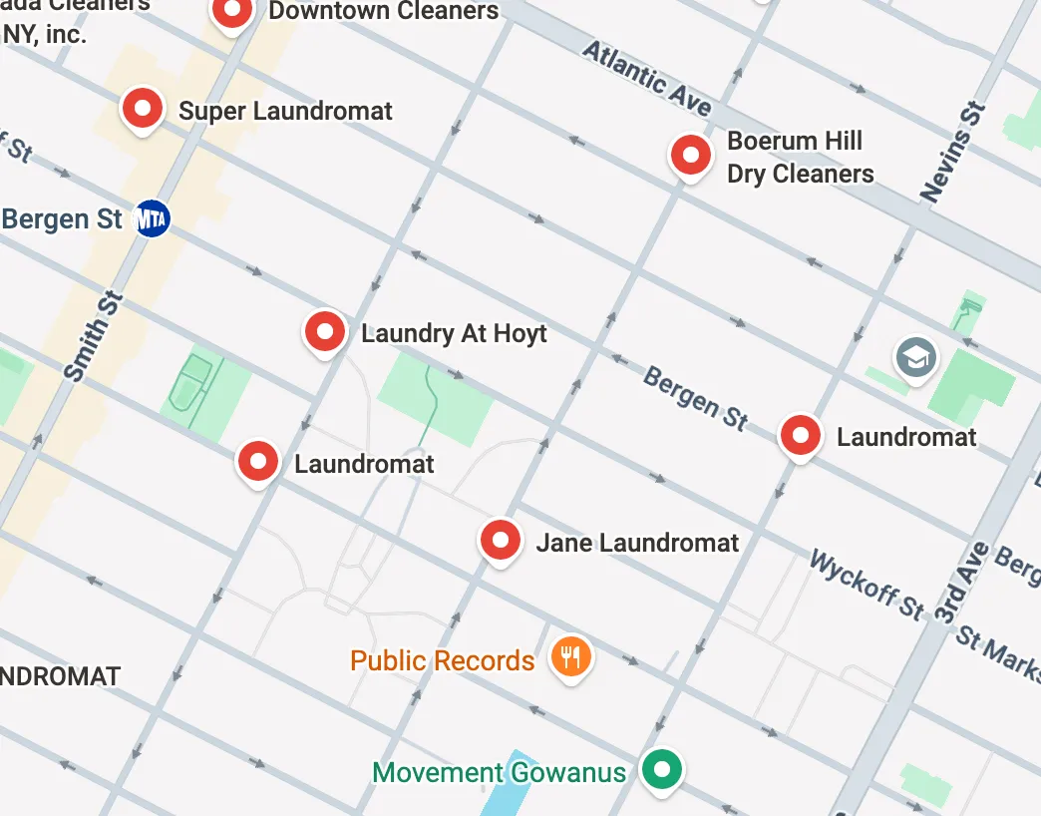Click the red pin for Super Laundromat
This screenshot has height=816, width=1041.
(142, 107)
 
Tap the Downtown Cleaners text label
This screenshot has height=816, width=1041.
(383, 12)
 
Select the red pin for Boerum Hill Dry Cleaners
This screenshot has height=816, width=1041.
(690, 155)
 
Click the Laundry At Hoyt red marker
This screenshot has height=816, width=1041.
(324, 330)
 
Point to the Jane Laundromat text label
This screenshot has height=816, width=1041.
(637, 543)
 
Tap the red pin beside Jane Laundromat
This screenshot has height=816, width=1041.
(501, 540)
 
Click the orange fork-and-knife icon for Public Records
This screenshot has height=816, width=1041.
(571, 657)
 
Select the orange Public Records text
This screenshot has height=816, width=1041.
(442, 660)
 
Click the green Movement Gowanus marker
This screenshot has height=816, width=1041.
(660, 769)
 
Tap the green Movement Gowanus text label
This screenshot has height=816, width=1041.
(499, 772)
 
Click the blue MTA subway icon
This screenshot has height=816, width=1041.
(151, 218)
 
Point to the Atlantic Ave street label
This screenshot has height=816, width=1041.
(647, 79)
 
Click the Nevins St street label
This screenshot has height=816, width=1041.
(954, 153)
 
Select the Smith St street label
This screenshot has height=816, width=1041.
(93, 336)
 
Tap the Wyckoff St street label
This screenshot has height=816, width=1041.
(867, 584)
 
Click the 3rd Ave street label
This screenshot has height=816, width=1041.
(961, 584)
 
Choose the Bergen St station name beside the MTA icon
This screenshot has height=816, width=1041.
(62, 218)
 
